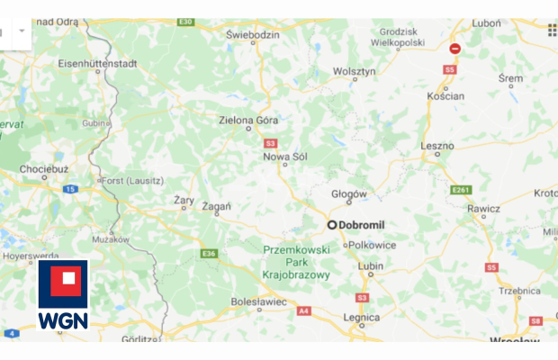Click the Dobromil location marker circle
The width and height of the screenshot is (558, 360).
pyautogui.click(x=332, y=225)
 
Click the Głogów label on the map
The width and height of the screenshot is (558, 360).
pyautogui.click(x=349, y=193)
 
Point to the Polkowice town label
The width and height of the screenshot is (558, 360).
pyautogui.click(x=370, y=244)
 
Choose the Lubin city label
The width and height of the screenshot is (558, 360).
pyautogui.click(x=370, y=266)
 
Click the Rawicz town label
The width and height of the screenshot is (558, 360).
pyautogui.click(x=483, y=209)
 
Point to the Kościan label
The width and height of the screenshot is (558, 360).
pyautogui.click(x=446, y=96)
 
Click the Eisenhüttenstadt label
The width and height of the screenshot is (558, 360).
pyautogui.click(x=96, y=64)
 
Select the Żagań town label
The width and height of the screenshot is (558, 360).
pyautogui.click(x=217, y=206)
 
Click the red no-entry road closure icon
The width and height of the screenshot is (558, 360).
pyautogui.click(x=455, y=49)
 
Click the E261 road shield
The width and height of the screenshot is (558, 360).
pyautogui.click(x=461, y=190)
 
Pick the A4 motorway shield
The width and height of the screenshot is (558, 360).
pyautogui.click(x=303, y=310)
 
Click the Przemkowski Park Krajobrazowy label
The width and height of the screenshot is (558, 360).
pyautogui.click(x=296, y=262)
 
